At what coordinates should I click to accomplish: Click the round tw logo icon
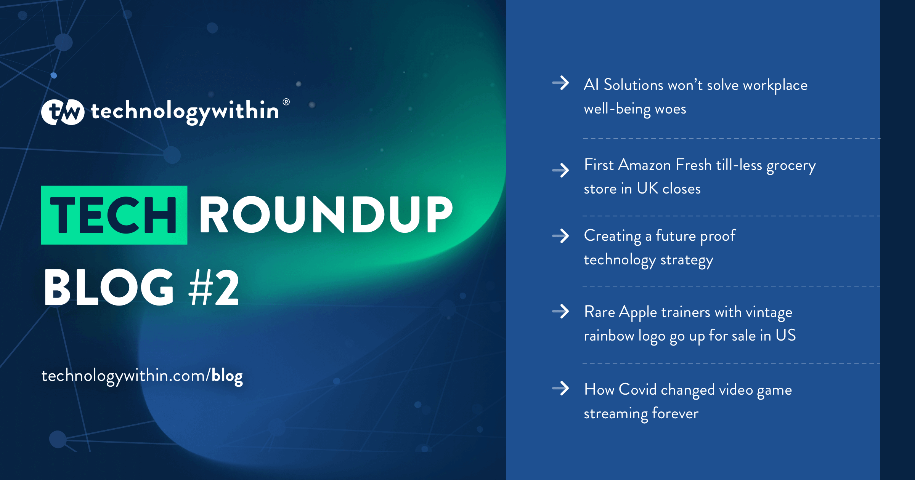(63, 112)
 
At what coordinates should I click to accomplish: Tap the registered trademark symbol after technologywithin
(286, 102)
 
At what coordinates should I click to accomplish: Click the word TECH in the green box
(114, 215)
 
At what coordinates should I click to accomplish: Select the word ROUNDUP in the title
(326, 215)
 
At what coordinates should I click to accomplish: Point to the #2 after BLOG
(214, 287)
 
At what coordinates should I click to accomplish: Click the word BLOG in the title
(109, 287)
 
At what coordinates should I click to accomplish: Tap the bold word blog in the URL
(227, 376)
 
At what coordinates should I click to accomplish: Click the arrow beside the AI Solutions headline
(561, 83)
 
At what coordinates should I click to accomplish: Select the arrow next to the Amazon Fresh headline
(561, 170)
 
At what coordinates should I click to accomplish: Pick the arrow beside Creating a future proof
(561, 236)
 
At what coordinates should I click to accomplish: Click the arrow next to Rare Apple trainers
(561, 312)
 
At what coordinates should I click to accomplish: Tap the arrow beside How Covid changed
(561, 389)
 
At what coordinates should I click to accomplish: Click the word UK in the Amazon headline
(647, 189)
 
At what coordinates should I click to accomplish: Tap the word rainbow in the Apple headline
(609, 336)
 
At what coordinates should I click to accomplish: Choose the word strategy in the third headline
(687, 260)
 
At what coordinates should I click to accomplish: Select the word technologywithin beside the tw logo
(185, 112)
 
